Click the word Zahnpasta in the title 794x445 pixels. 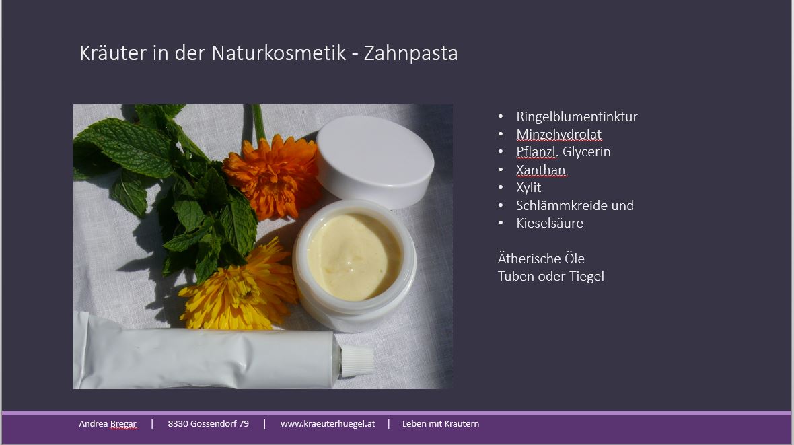[410, 53]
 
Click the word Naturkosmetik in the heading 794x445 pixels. [279, 53]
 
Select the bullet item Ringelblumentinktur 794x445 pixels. [577, 116]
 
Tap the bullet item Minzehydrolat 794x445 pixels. [559, 135]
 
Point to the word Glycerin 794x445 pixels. [586, 152]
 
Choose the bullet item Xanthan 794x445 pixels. [540, 170]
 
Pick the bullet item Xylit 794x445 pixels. [529, 188]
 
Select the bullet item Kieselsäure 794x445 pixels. [550, 223]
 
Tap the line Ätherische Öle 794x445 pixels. [541, 259]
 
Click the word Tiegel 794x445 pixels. [588, 276]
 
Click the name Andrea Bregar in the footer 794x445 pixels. [108, 423]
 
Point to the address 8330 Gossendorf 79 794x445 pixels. [208, 423]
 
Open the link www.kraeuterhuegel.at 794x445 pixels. [328, 423]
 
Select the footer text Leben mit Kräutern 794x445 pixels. [441, 423]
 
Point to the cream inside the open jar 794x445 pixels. [353, 256]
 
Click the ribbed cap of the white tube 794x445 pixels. [357, 360]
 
